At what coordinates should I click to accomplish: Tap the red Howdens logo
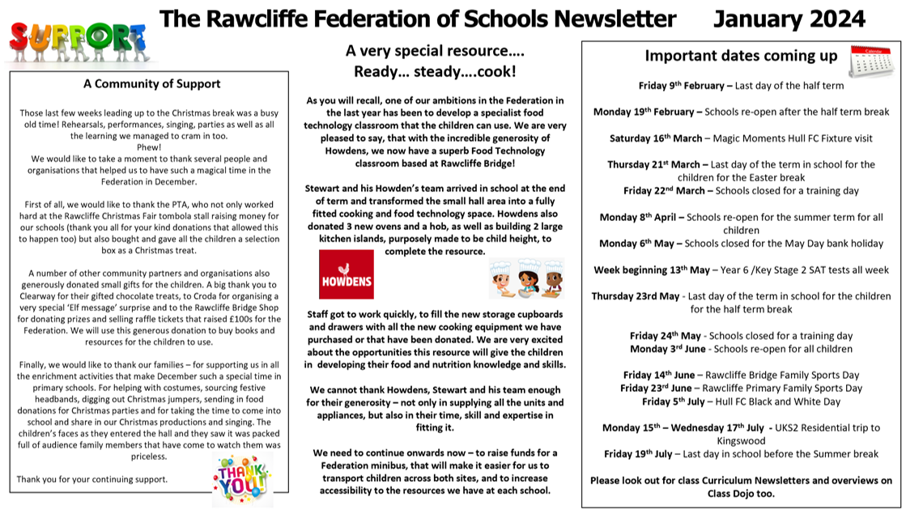(x=346, y=276)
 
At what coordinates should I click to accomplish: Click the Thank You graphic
(x=242, y=478)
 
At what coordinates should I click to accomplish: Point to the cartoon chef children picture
(x=526, y=278)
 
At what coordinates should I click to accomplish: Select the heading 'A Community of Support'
(x=151, y=83)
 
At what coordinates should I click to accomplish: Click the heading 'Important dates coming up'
(x=740, y=56)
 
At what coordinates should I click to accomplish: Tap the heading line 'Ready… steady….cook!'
(x=435, y=71)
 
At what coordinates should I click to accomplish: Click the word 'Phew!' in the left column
(x=150, y=148)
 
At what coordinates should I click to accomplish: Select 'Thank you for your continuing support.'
(x=92, y=478)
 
